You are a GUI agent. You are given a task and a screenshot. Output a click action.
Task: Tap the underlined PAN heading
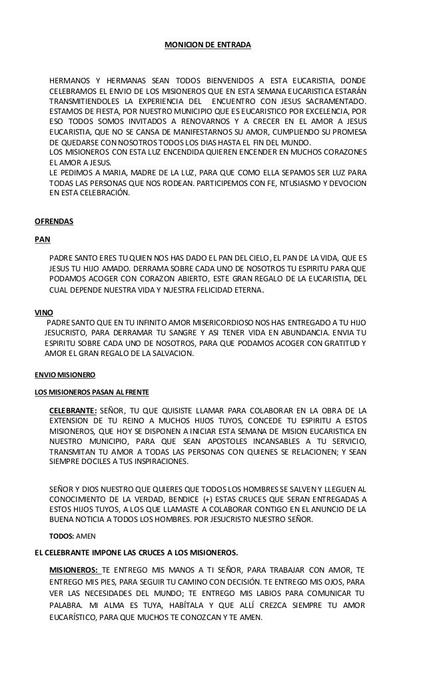[42, 239]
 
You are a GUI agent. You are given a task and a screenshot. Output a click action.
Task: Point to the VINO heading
[43, 311]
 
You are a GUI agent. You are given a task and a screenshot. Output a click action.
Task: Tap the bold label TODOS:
[63, 535]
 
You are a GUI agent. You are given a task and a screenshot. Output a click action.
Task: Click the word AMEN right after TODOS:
[87, 535]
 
